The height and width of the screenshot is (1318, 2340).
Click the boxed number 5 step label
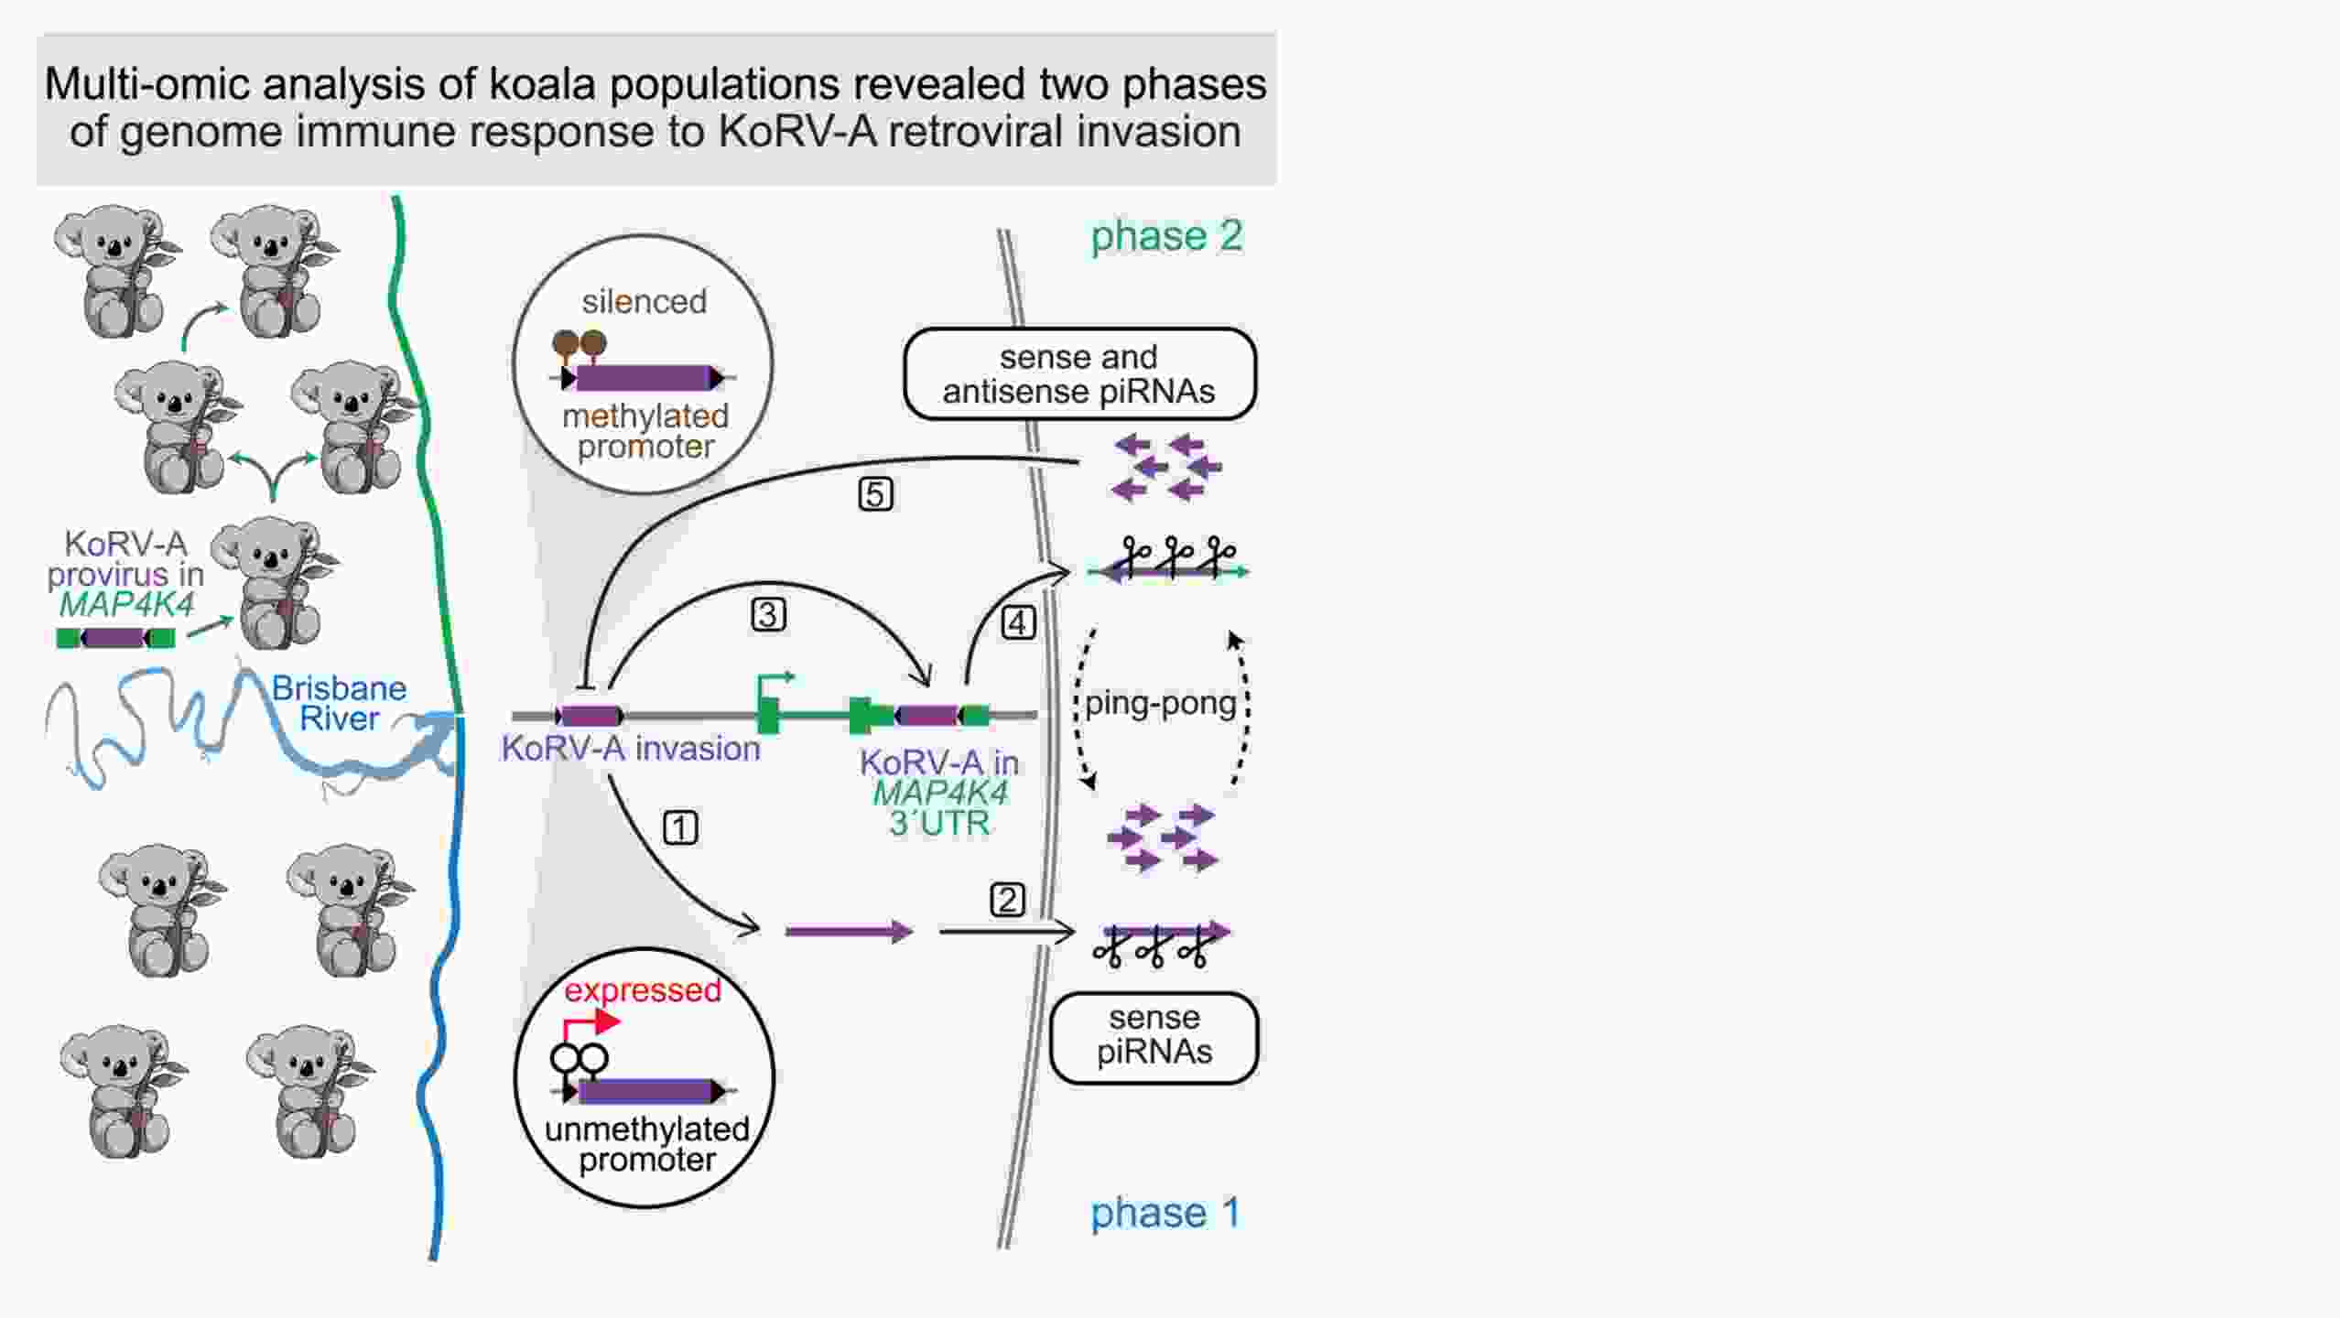[x=875, y=494]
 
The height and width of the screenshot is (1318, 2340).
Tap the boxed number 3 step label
[x=768, y=614]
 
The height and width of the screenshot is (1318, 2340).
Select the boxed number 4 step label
[x=1018, y=623]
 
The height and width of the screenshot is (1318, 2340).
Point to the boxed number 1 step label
[x=680, y=827]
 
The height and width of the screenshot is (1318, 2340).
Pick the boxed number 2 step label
[x=1008, y=900]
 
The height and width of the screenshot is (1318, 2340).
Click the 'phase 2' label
[x=1166, y=236]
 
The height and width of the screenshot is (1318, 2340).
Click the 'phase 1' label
[x=1165, y=1213]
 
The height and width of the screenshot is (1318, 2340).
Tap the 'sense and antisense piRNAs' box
[x=1079, y=373]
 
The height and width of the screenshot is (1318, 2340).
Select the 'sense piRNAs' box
[x=1154, y=1037]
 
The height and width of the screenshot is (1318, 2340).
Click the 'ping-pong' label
[x=1161, y=703]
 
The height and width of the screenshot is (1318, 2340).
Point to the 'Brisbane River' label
[x=338, y=703]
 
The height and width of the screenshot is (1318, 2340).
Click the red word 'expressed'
[x=642, y=990]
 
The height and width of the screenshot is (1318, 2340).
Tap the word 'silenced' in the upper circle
[x=644, y=301]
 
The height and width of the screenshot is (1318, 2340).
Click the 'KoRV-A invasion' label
[x=630, y=749]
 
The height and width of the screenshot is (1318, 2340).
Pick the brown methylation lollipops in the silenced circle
[x=579, y=345]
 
